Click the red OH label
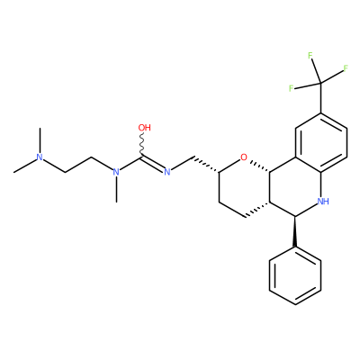pyautogui.click(x=144, y=128)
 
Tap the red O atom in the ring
pyautogui.click(x=244, y=157)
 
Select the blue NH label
pyautogui.click(x=323, y=202)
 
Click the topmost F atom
pyautogui.click(x=310, y=56)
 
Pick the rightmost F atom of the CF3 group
pyautogui.click(x=346, y=68)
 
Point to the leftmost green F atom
pyautogui.click(x=291, y=88)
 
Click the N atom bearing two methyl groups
pyautogui.click(x=39, y=157)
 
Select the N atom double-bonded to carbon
pyautogui.click(x=167, y=172)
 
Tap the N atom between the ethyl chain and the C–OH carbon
pyautogui.click(x=116, y=172)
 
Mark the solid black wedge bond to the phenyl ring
pyautogui.click(x=295, y=231)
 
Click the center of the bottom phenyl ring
pyautogui.click(x=295, y=276)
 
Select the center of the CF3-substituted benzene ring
pyautogui.click(x=321, y=142)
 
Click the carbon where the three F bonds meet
pyautogui.click(x=321, y=83)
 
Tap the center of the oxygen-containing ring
pyautogui.click(x=245, y=186)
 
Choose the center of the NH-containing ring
pyautogui.click(x=295, y=186)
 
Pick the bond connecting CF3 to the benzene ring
pyautogui.click(x=321, y=98)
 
